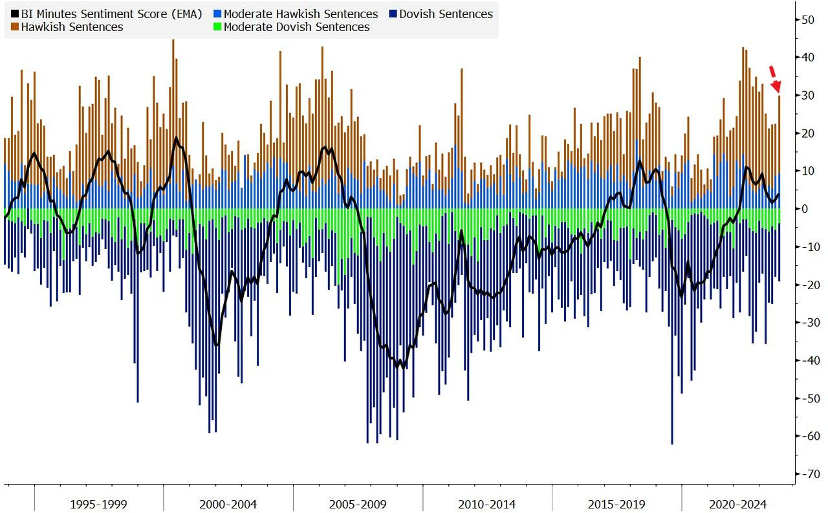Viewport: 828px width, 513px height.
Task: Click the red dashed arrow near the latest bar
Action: (774, 79)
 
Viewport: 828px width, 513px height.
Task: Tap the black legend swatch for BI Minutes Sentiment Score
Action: (15, 14)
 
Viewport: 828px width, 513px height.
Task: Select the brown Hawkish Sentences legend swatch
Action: (15, 27)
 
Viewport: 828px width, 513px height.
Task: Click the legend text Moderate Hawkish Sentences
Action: (301, 14)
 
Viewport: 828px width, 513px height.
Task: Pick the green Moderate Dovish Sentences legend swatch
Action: (217, 27)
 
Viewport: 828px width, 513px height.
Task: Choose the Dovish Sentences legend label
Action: (446, 14)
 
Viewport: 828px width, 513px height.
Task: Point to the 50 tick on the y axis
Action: (807, 20)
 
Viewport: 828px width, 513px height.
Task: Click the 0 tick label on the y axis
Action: (805, 209)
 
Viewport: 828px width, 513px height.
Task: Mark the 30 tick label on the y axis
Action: (807, 96)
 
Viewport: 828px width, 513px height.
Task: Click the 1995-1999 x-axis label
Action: (99, 504)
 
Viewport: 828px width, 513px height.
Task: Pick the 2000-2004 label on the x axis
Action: (228, 504)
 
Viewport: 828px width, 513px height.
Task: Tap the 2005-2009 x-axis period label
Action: (358, 504)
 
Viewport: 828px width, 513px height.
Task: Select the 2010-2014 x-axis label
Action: (487, 504)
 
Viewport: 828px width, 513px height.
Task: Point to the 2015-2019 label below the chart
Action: (616, 504)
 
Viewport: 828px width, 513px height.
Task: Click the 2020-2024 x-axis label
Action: (737, 504)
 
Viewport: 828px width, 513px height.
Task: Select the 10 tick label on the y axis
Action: (807, 171)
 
